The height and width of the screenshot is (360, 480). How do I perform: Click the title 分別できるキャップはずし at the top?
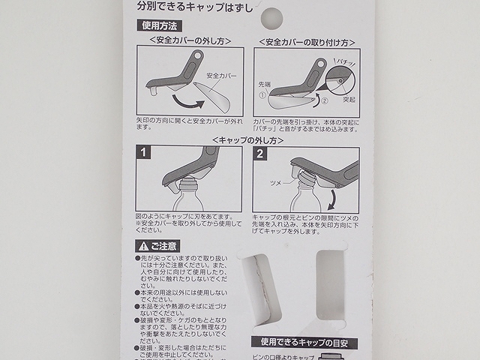[x=193, y=7]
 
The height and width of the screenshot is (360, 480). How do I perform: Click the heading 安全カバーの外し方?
[x=190, y=40]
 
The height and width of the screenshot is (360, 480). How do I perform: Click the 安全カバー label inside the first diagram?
[x=220, y=76]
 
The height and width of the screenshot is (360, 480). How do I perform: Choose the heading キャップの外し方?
[x=249, y=139]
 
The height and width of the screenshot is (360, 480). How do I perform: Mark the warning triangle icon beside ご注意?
[x=142, y=246]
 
